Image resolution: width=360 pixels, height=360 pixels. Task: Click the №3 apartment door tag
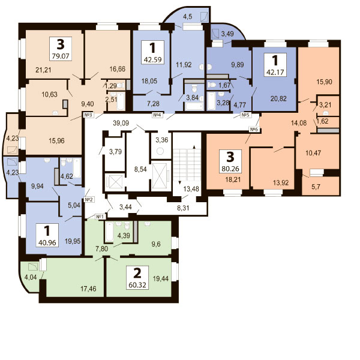click(88, 115)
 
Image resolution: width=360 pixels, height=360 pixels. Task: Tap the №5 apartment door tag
click(245, 115)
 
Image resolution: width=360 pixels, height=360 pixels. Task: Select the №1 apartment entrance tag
click(100, 217)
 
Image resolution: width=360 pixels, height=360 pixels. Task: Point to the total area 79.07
click(61, 56)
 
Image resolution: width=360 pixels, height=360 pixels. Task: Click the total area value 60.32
click(137, 285)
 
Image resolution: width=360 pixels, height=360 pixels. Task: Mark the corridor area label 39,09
click(121, 123)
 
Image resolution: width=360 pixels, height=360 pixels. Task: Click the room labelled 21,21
click(43, 70)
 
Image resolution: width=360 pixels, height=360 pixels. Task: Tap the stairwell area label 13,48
click(191, 189)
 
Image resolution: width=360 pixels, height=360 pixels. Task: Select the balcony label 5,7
click(316, 187)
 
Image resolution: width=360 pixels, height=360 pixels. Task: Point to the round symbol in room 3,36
click(160, 151)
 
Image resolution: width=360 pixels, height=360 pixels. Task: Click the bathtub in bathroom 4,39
click(109, 232)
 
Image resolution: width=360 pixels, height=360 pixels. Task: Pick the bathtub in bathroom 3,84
click(194, 106)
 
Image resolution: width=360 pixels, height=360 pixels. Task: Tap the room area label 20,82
click(278, 98)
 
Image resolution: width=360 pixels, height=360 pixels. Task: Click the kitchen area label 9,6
click(156, 244)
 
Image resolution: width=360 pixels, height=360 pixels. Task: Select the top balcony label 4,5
click(188, 17)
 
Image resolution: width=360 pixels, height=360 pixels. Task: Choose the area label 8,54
click(140, 169)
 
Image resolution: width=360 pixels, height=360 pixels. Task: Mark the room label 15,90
click(324, 82)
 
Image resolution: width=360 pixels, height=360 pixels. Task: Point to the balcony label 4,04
click(31, 277)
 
